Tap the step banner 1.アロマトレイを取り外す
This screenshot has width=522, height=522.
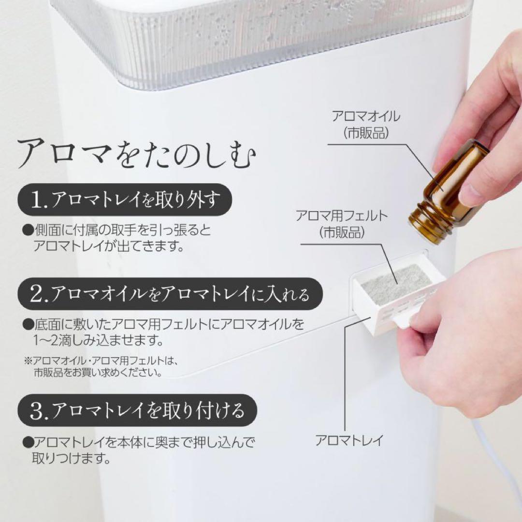click(124, 200)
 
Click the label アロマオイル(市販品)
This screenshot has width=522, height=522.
click(366, 124)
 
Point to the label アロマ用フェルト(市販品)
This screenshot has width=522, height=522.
click(342, 223)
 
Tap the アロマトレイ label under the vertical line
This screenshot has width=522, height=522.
click(349, 440)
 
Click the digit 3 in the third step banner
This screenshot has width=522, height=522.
click(37, 411)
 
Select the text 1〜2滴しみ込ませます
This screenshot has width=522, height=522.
click(97, 341)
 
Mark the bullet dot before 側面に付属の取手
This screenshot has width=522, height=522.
click(27, 230)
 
